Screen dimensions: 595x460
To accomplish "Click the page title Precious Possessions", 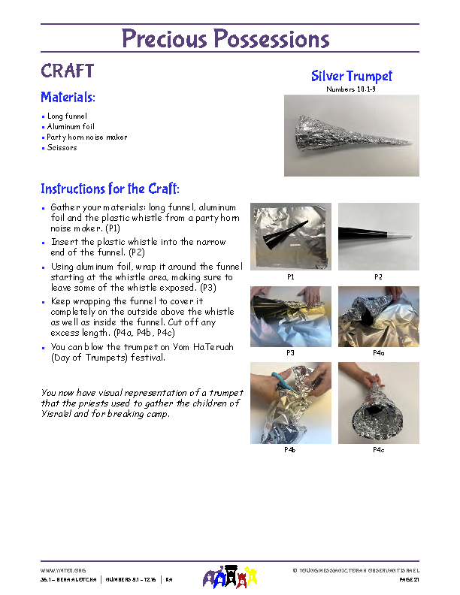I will (225, 39).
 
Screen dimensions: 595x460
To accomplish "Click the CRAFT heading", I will (67, 71).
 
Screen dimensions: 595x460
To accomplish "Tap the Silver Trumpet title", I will (351, 76).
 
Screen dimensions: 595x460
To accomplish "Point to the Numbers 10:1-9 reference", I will (351, 89).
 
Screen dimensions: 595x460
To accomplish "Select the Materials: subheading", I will (68, 98).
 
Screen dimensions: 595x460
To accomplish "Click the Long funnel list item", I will (67, 116).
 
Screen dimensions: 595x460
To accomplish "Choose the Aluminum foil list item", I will (71, 127).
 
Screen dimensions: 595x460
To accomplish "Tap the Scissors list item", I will (62, 148).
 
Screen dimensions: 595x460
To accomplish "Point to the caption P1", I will (290, 277).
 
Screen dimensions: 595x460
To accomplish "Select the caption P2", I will (378, 277).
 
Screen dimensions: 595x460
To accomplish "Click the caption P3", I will (290, 352).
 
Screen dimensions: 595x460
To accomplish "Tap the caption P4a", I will (378, 352).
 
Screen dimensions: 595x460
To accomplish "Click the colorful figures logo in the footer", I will (231, 577).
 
